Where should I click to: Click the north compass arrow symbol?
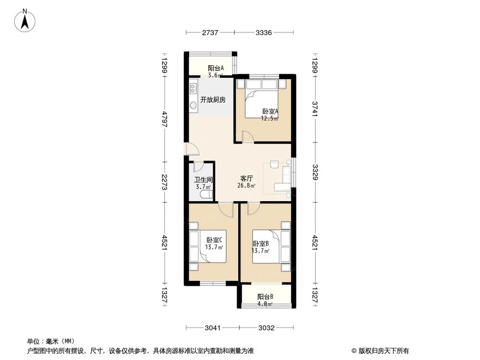[x=25, y=20]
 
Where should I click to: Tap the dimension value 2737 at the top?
[x=210, y=33]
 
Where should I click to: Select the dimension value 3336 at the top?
[x=264, y=33]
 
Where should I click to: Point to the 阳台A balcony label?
[x=216, y=68]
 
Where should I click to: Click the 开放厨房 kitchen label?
[x=213, y=100]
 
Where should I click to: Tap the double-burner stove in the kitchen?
[x=193, y=88]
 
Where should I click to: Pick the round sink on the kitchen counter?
[x=193, y=106]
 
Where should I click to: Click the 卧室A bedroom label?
[x=270, y=111]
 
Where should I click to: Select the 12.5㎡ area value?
[x=270, y=119]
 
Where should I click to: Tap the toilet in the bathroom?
[x=206, y=194]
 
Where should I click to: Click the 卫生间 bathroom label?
[x=203, y=180]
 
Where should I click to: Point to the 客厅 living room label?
[x=246, y=178]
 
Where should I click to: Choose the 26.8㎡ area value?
[x=246, y=185]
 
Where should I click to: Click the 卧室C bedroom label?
[x=214, y=240]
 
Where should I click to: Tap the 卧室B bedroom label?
[x=261, y=244]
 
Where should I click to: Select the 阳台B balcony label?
[x=265, y=297]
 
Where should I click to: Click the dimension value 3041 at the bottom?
[x=213, y=328]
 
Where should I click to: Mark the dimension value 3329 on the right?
[x=315, y=172]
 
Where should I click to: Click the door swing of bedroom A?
[x=247, y=136]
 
